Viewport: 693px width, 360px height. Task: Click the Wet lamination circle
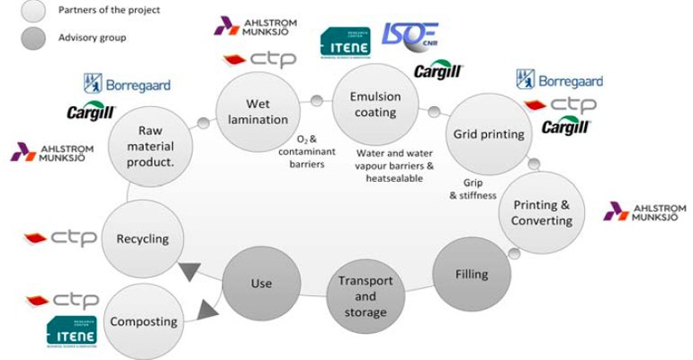click(258, 106)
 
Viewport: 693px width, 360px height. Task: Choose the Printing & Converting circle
click(541, 211)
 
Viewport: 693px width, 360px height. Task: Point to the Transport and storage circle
click(364, 295)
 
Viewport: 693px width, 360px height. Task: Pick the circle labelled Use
click(260, 283)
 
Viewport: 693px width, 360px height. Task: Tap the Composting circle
click(142, 320)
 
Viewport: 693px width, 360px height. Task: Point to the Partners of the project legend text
click(109, 10)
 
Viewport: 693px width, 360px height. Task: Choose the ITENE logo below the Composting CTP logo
click(71, 333)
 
